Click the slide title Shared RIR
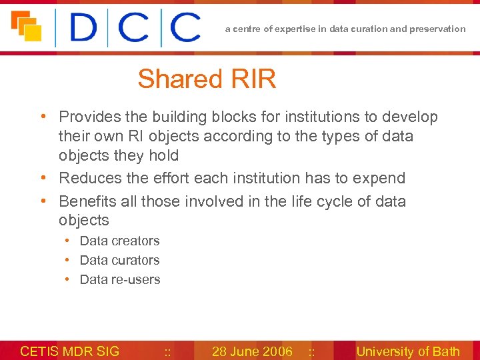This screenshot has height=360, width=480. (x=207, y=79)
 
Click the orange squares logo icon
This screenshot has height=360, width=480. (x=26, y=27)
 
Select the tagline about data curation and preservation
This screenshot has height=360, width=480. (x=345, y=29)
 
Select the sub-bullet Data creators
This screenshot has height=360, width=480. (x=119, y=241)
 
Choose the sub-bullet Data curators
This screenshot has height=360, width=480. (x=119, y=260)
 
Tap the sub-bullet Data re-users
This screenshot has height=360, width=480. (x=120, y=279)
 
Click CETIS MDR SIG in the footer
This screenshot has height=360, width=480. (x=70, y=351)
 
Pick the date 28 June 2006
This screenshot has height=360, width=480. (x=252, y=351)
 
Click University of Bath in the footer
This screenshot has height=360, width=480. (x=408, y=351)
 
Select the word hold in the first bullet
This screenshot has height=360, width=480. (x=164, y=155)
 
